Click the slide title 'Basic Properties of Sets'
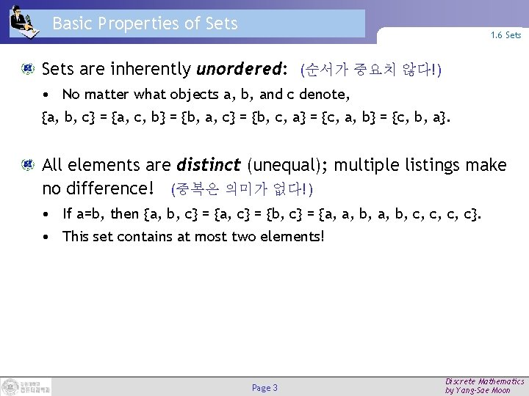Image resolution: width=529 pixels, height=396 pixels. (145, 23)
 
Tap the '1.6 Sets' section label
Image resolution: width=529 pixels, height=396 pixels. (506, 34)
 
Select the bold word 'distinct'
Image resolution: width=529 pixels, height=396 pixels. (211, 166)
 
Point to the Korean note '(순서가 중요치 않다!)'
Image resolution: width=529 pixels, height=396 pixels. (370, 71)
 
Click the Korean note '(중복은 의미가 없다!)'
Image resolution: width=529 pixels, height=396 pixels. (242, 190)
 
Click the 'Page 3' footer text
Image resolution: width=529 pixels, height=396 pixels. (264, 386)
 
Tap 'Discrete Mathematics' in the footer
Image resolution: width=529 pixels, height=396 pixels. (485, 381)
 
